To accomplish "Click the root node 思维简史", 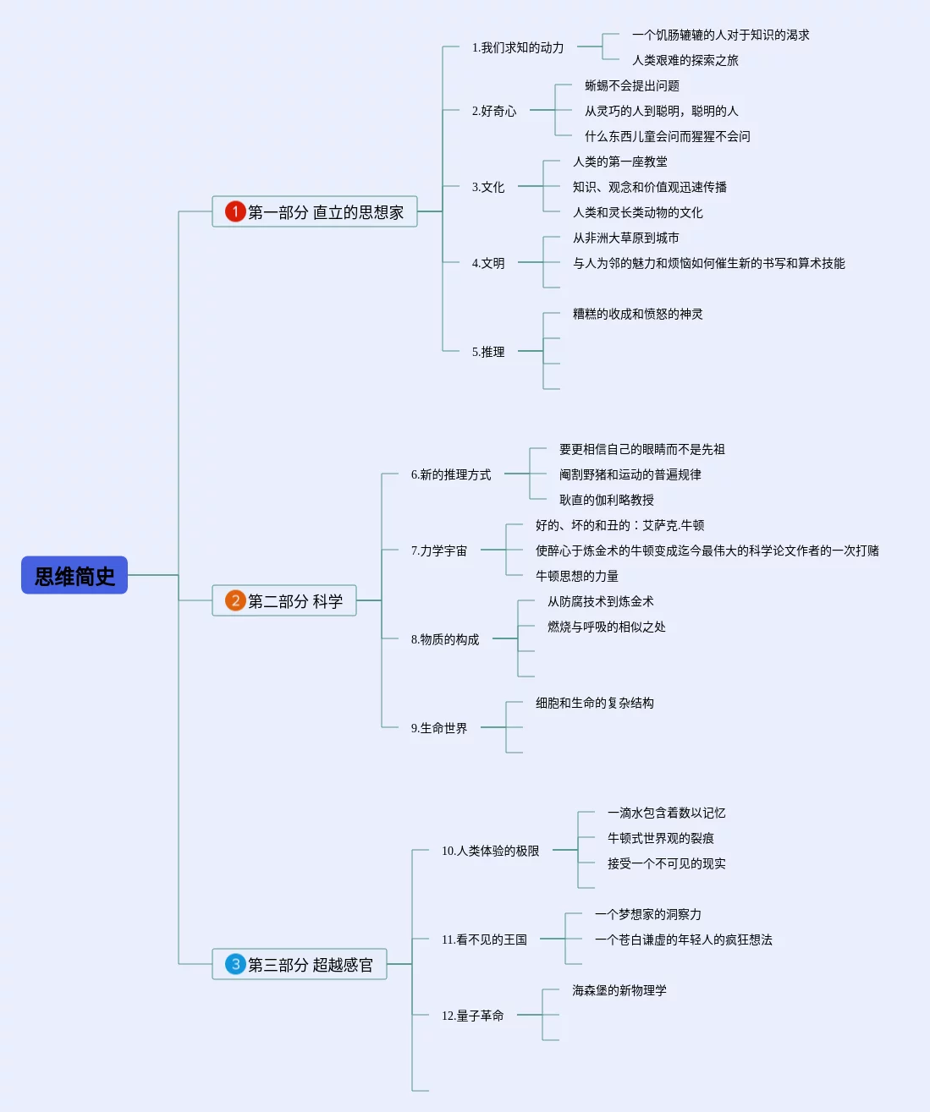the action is [74, 575].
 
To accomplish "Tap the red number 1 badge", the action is [235, 211].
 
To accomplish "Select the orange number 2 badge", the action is [235, 600].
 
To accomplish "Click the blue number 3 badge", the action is [235, 965].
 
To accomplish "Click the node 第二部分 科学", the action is [284, 600].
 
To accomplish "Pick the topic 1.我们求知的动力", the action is [518, 48].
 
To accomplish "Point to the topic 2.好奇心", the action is [494, 111].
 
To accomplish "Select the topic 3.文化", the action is [487, 187].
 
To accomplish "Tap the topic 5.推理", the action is [487, 352].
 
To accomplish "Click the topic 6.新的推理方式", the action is [451, 474].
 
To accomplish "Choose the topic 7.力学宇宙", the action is [438, 551].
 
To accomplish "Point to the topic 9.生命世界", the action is [438, 728].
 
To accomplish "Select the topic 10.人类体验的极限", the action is [490, 851].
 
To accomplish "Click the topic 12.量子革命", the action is [472, 1016].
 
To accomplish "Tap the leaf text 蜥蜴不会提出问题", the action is [632, 85].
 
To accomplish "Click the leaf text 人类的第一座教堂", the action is [619, 162].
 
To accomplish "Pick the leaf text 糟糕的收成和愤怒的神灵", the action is [637, 315].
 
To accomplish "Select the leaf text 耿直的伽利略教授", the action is [607, 500].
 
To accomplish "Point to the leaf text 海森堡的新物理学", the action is [619, 990].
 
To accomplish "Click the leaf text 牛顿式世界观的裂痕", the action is [660, 838].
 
